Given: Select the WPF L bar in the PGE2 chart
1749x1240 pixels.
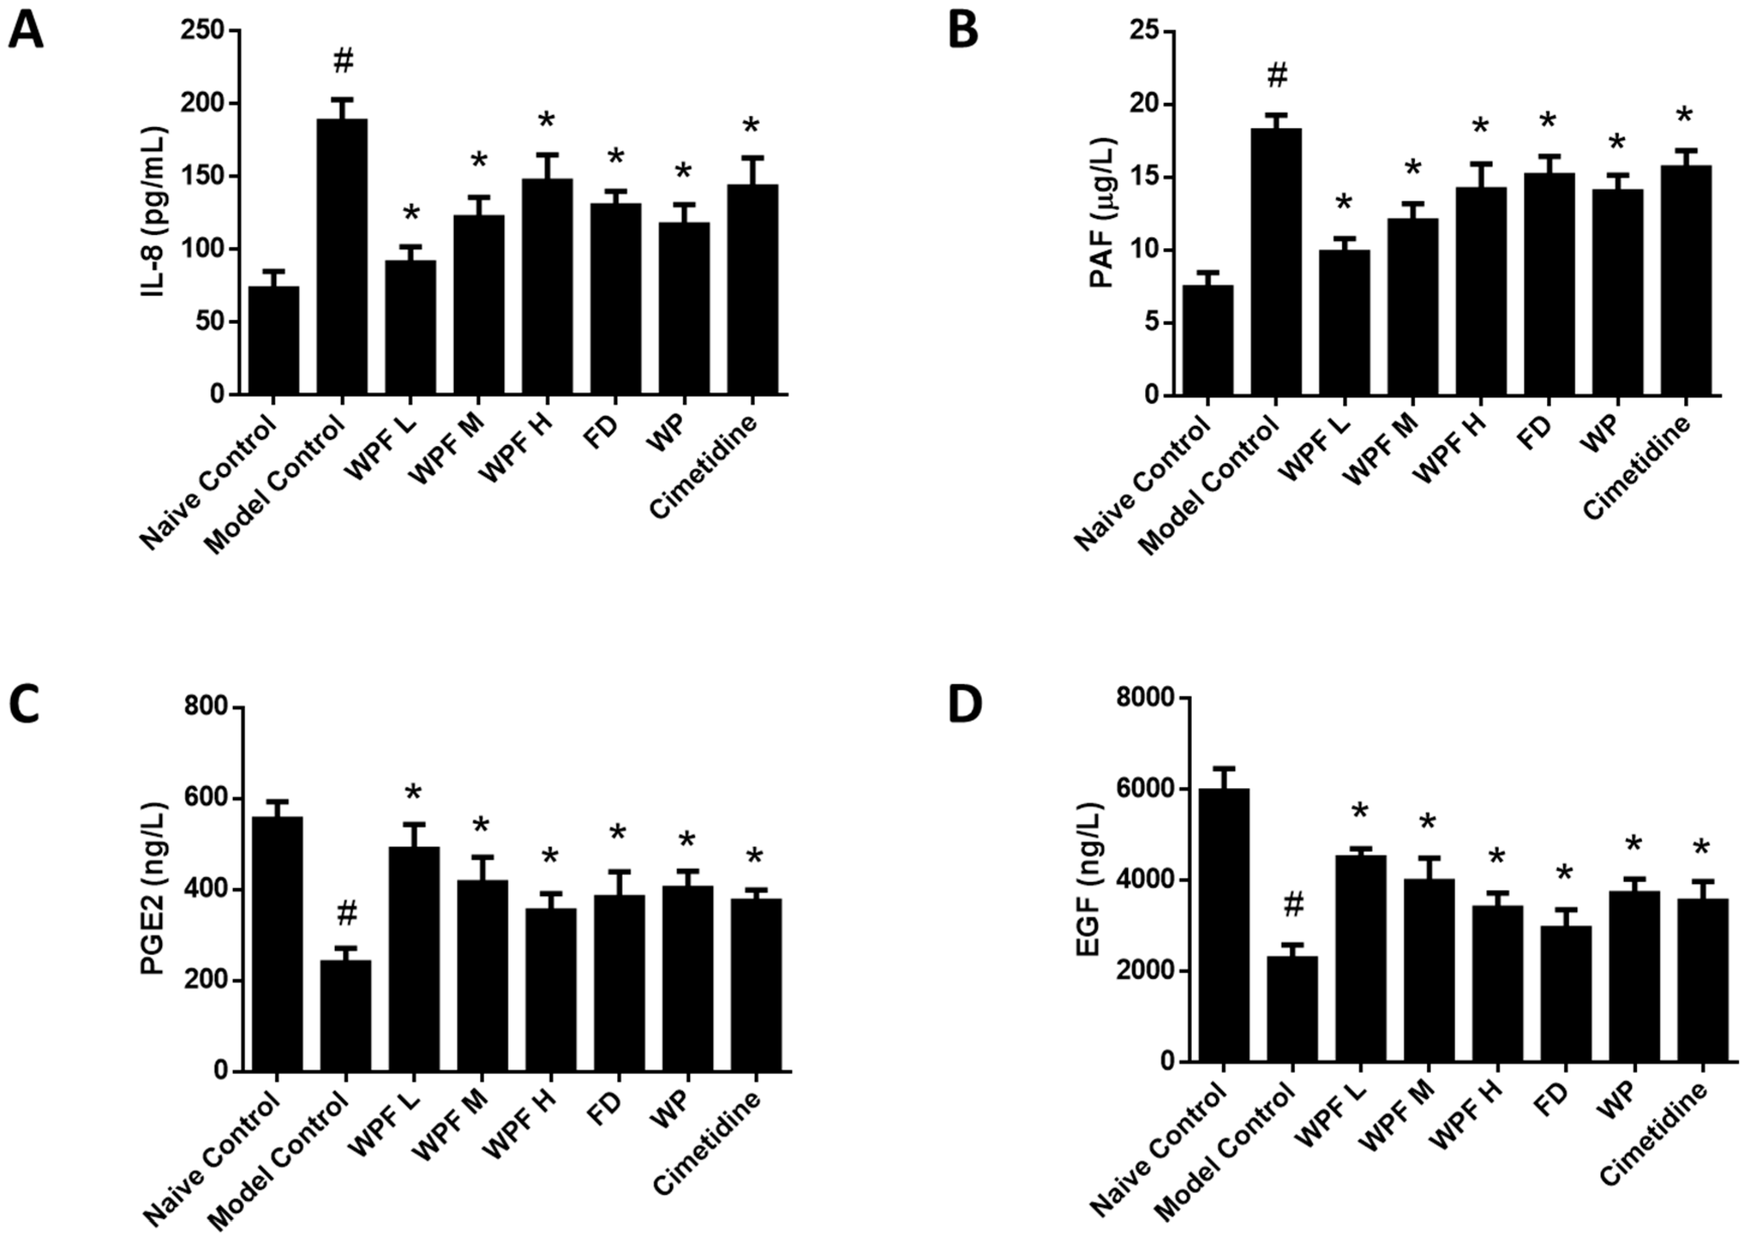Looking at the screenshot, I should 414,959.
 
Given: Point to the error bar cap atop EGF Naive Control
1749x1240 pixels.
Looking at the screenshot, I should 1224,768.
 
